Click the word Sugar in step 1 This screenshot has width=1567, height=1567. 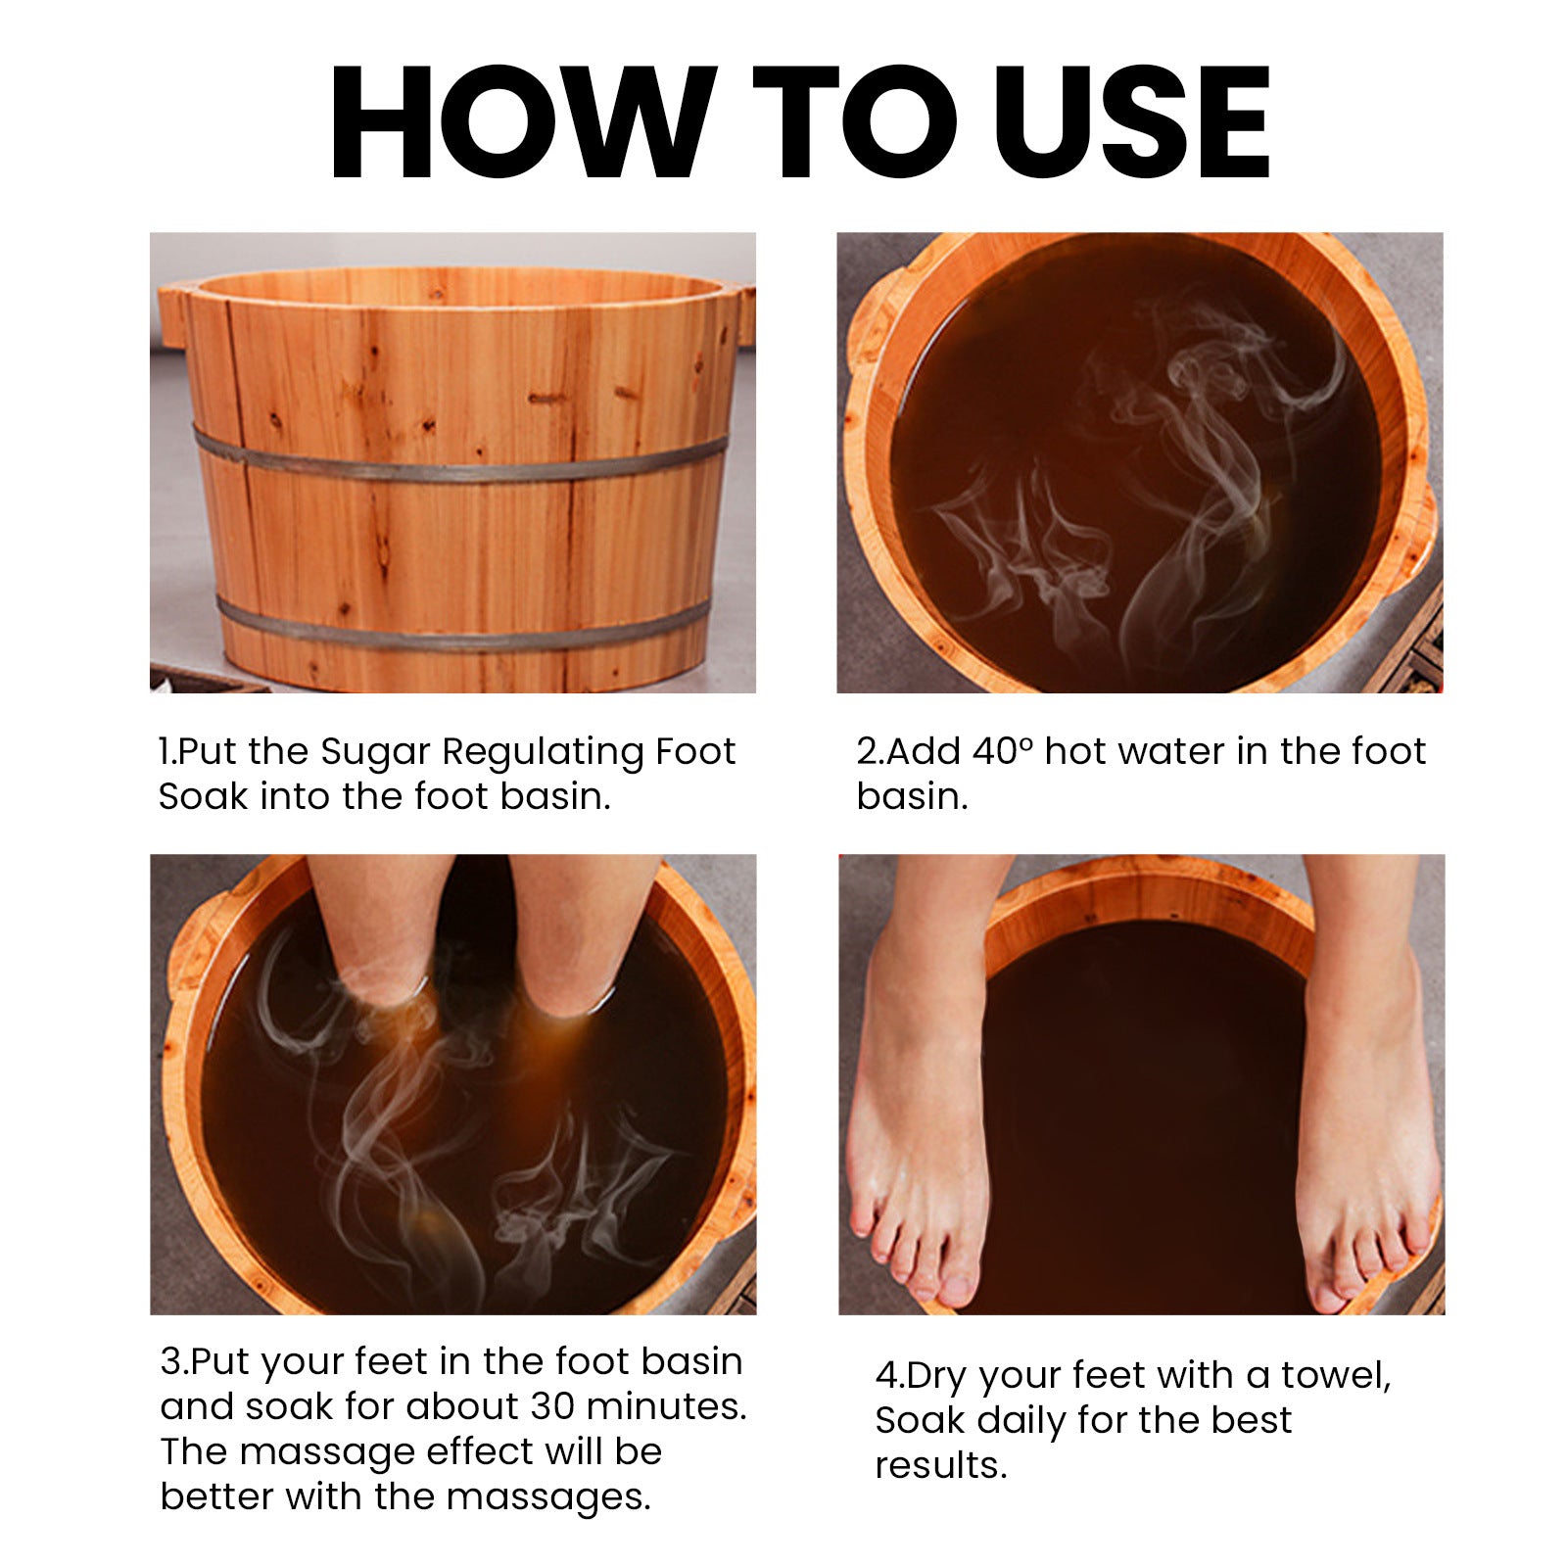375,752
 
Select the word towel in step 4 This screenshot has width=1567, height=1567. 1333,1375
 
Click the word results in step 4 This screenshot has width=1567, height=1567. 939,1466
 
